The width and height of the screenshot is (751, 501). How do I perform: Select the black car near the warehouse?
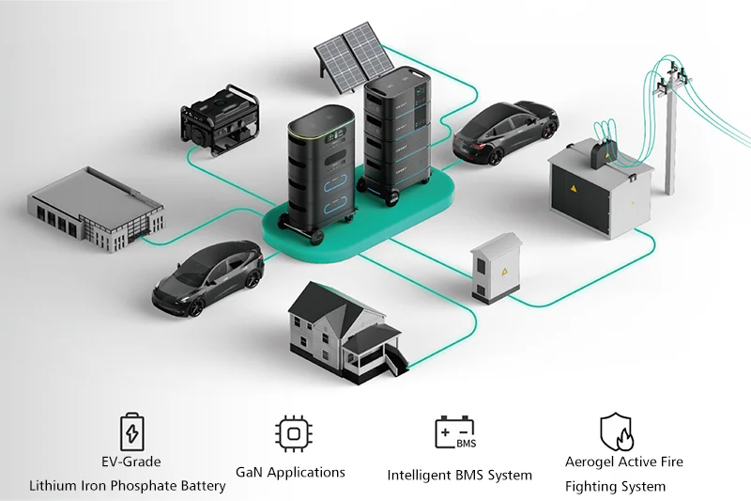208,277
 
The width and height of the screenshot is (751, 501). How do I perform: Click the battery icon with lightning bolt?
132,432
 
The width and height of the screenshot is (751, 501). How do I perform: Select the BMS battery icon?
454,433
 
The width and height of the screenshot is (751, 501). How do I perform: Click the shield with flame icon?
617,432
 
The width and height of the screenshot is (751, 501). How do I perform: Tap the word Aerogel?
593,462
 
